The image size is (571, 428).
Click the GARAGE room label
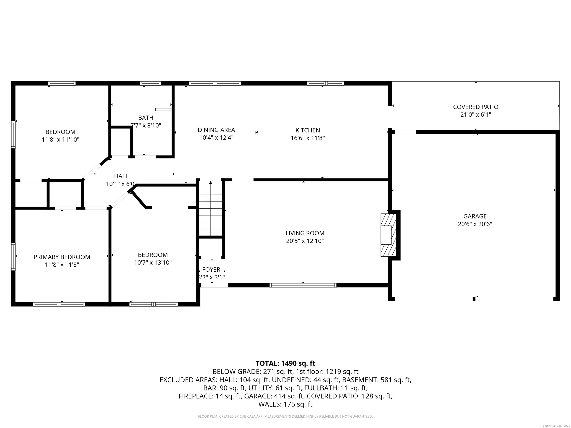pos(475,216)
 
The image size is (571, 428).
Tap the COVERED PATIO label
pos(475,107)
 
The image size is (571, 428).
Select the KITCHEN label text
pos(308,130)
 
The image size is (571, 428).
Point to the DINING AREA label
pos(216,130)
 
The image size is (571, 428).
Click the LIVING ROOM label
pos(305,233)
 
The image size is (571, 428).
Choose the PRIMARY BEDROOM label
pos(62,257)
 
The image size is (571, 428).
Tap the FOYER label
pos(211,270)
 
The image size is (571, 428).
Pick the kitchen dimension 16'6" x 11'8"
pos(308,138)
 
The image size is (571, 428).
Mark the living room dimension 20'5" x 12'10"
pos(305,241)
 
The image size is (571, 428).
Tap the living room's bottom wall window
pos(303,285)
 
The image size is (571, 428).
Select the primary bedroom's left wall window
pos(13,256)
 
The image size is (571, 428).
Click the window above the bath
pos(150,83)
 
